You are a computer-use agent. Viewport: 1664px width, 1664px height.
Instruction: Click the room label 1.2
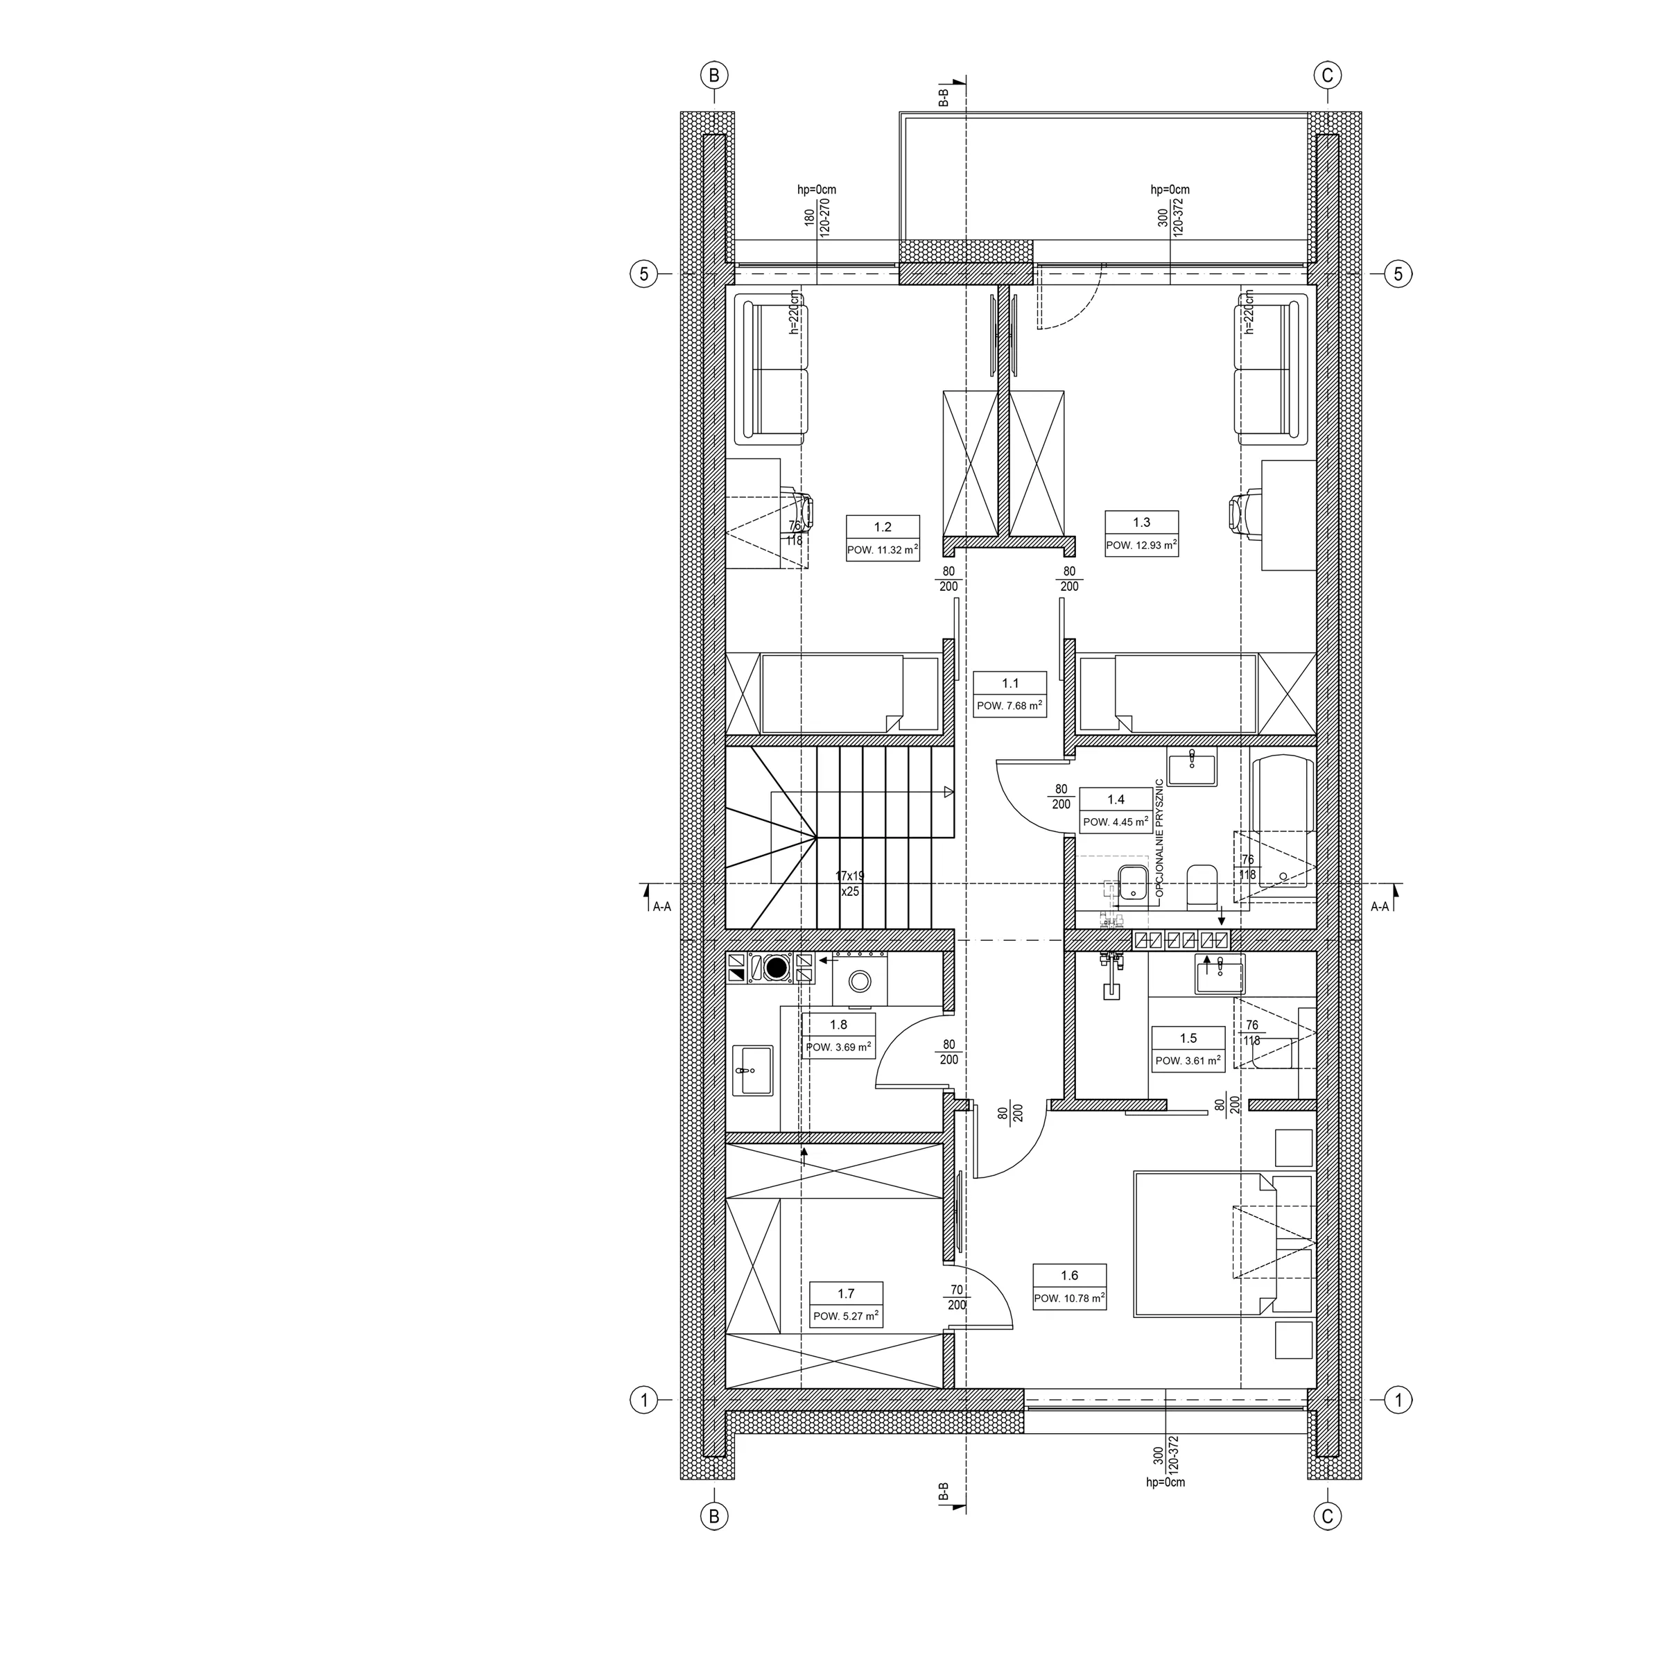click(x=883, y=527)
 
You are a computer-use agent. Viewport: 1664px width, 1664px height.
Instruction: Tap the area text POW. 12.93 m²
click(x=1141, y=545)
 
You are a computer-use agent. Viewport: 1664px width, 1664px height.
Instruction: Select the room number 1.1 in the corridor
click(x=1010, y=683)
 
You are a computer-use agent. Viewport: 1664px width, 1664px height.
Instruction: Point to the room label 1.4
click(x=1116, y=799)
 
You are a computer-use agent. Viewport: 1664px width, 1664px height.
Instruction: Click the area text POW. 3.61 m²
click(x=1188, y=1060)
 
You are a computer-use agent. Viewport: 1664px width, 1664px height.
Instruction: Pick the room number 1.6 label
click(x=1070, y=1276)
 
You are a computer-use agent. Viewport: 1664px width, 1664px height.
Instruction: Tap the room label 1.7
click(x=846, y=1293)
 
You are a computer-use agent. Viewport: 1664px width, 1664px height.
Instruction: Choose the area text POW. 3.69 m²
click(x=838, y=1048)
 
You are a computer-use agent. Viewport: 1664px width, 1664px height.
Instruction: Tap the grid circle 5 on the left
click(x=643, y=274)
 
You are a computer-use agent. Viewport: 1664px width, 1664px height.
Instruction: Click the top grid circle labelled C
click(x=1327, y=75)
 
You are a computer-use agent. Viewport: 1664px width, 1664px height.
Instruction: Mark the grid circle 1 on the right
click(x=1398, y=1400)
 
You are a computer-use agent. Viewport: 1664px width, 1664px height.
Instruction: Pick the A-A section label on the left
click(x=661, y=906)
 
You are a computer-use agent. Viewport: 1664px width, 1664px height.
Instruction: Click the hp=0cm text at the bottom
click(x=1165, y=1482)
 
